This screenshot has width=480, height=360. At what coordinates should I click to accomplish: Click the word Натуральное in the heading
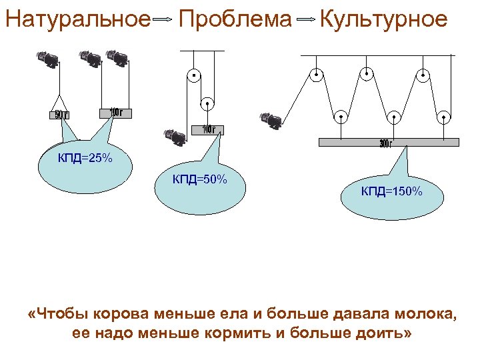tap(77, 19)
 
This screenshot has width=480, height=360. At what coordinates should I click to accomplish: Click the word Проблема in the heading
tap(235, 19)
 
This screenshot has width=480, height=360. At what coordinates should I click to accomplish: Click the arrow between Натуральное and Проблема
tap(163, 21)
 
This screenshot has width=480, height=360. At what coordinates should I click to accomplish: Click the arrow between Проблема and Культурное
tap(305, 21)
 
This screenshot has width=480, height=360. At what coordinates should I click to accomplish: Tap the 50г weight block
tap(60, 114)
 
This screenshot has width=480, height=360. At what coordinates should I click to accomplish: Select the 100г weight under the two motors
tap(115, 113)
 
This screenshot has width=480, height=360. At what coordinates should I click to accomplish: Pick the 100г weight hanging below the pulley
tap(208, 129)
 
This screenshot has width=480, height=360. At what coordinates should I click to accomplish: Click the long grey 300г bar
tap(389, 141)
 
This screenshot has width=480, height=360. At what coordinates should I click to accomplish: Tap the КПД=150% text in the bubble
tap(392, 192)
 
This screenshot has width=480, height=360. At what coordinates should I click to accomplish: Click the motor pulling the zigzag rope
tap(272, 120)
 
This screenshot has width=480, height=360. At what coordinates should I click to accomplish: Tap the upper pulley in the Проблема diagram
tap(193, 75)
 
